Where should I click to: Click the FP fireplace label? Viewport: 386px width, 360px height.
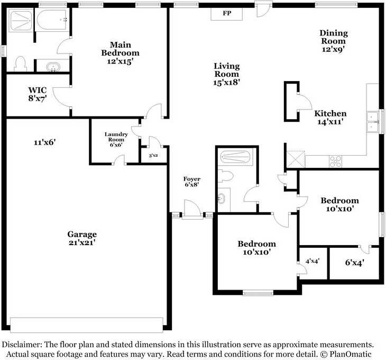tap(227, 13)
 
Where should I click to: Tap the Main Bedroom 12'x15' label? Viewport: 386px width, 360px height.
tap(120, 53)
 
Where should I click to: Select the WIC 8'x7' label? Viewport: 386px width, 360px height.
tap(38, 94)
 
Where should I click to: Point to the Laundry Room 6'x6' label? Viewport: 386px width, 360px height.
tap(116, 139)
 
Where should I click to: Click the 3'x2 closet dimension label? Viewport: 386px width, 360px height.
tap(153, 156)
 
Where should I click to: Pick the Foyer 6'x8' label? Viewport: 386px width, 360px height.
tap(192, 182)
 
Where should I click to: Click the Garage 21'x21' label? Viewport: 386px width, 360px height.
tap(82, 238)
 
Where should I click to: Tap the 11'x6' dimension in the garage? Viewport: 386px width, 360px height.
tap(44, 142)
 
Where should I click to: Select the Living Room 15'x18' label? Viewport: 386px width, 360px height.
tap(226, 74)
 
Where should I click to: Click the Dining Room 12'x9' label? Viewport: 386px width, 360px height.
tap(334, 41)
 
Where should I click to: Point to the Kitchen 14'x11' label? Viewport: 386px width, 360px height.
tap(330, 118)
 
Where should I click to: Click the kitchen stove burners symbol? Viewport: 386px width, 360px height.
tap(335, 161)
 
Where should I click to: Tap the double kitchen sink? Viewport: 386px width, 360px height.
tap(372, 122)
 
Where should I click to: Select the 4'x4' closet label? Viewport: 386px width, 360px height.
tap(313, 261)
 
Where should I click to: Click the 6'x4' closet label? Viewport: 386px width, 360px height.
tap(354, 263)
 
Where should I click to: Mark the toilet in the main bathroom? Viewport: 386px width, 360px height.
tap(21, 64)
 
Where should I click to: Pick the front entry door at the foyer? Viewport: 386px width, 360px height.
tap(192, 209)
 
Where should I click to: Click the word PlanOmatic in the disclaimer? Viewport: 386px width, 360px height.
tap(350, 354)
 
